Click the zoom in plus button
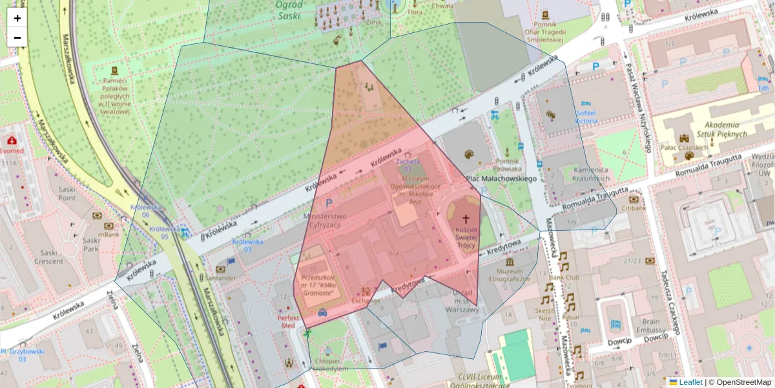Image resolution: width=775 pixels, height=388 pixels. [x=17, y=18]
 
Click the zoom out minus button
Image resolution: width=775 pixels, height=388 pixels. [x=17, y=38]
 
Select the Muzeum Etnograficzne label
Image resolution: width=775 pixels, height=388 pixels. [x=513, y=275]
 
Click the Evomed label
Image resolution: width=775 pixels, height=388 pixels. [x=12, y=151]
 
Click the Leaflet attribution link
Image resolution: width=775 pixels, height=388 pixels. [x=690, y=382]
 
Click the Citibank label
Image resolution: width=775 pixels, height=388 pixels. [x=634, y=208]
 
